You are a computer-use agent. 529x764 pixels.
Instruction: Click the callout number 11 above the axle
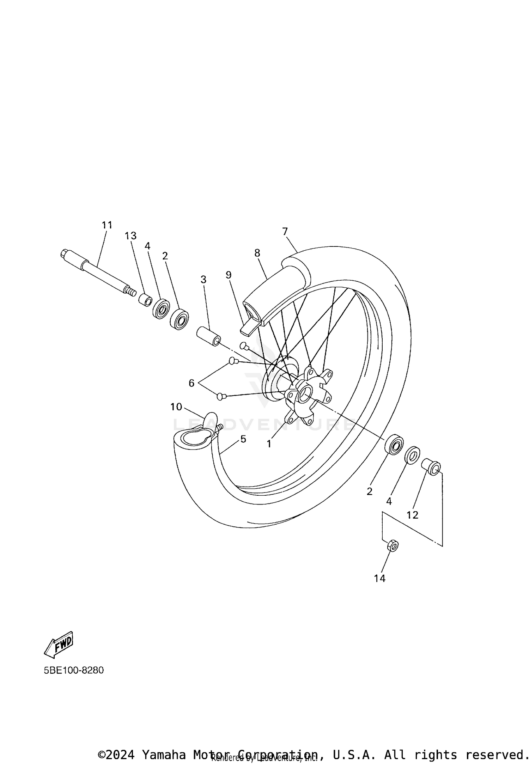pos(107,225)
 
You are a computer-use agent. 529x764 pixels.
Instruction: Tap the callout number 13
pos(130,236)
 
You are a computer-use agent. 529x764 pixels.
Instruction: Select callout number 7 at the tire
pos(285,231)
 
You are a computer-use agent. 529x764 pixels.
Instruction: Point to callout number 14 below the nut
pos(380,578)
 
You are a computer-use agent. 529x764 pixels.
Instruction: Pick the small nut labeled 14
pos(393,546)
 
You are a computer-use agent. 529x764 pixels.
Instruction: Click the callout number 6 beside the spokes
pos(191,383)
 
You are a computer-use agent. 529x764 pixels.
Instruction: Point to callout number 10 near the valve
pos(176,407)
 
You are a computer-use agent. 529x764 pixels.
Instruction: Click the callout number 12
pos(412,515)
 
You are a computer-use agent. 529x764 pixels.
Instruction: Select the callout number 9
pos(229,275)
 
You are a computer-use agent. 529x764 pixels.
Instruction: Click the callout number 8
pos(257,253)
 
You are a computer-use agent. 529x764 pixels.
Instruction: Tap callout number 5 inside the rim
pos(243,439)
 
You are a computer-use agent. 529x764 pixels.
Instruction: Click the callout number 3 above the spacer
pos(203,279)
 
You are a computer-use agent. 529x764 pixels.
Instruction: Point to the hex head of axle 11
pos(65,253)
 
